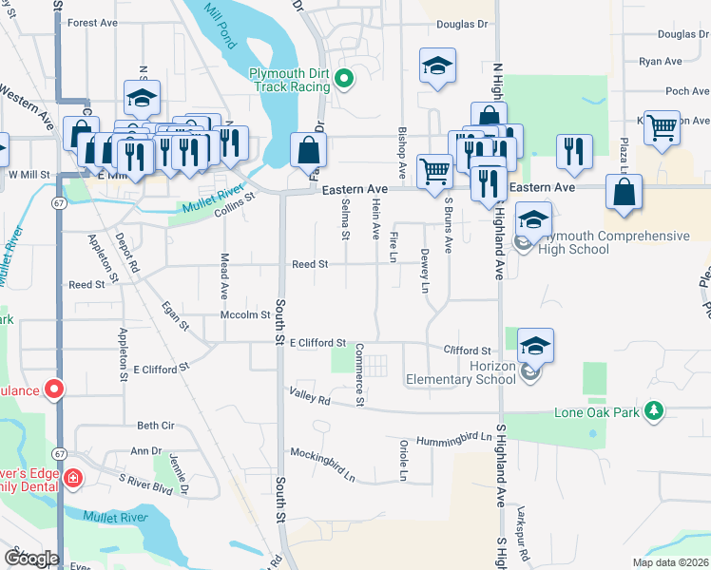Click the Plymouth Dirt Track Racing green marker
(x=344, y=80)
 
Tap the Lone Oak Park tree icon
(x=653, y=410)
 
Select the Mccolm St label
(x=239, y=314)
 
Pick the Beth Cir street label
(x=156, y=426)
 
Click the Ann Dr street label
(x=147, y=451)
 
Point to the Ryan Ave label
(x=661, y=61)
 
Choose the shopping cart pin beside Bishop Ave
(x=434, y=171)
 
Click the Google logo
(x=30, y=559)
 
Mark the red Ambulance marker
(x=54, y=389)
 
